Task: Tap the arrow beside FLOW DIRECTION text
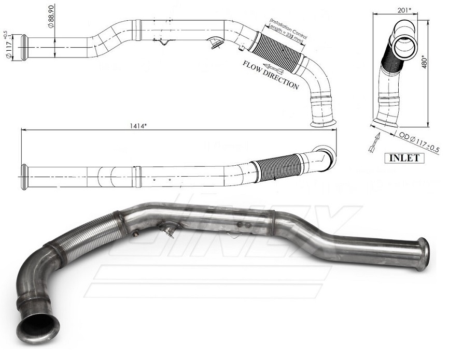[x=274, y=67]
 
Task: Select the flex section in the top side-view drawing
[x=278, y=48]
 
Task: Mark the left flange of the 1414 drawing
[x=24, y=177]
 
